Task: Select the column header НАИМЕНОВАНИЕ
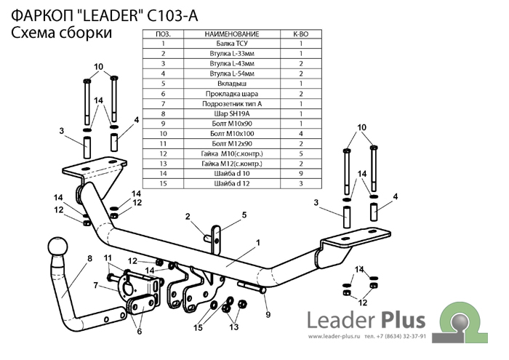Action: pyautogui.click(x=232, y=34)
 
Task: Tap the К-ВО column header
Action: pyautogui.click(x=300, y=34)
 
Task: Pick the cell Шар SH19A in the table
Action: pyautogui.click(x=232, y=114)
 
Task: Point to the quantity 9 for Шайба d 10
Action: pyautogui.click(x=300, y=175)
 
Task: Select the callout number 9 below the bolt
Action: pyautogui.click(x=268, y=314)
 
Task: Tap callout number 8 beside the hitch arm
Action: pyautogui.click(x=89, y=258)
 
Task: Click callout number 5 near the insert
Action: pyautogui.click(x=244, y=215)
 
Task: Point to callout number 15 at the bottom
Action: pyautogui.click(x=199, y=328)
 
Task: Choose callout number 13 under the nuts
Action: pyautogui.click(x=233, y=328)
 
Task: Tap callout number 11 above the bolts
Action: pyautogui.click(x=108, y=258)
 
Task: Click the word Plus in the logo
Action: pyautogui.click(x=407, y=320)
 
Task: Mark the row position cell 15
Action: pyautogui.click(x=164, y=185)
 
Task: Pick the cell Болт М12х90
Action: pyautogui.click(x=232, y=144)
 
